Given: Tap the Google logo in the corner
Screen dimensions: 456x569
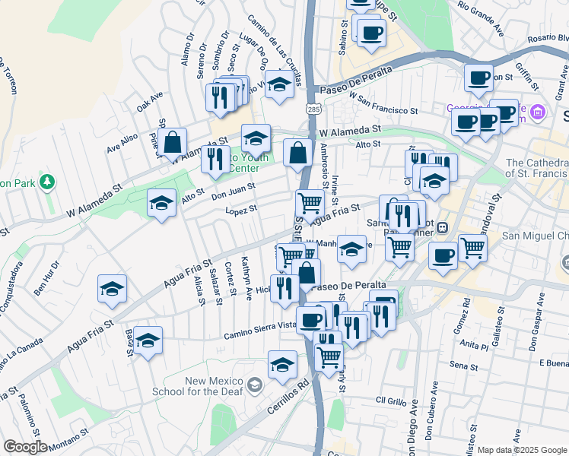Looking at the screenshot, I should point(24,447).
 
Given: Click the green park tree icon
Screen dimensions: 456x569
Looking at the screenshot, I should point(47,182).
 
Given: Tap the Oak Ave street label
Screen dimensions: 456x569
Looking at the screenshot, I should point(150,102).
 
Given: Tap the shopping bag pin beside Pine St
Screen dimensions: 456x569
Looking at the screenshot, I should point(173,141).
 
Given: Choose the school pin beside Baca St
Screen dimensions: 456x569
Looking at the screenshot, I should point(150,340).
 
